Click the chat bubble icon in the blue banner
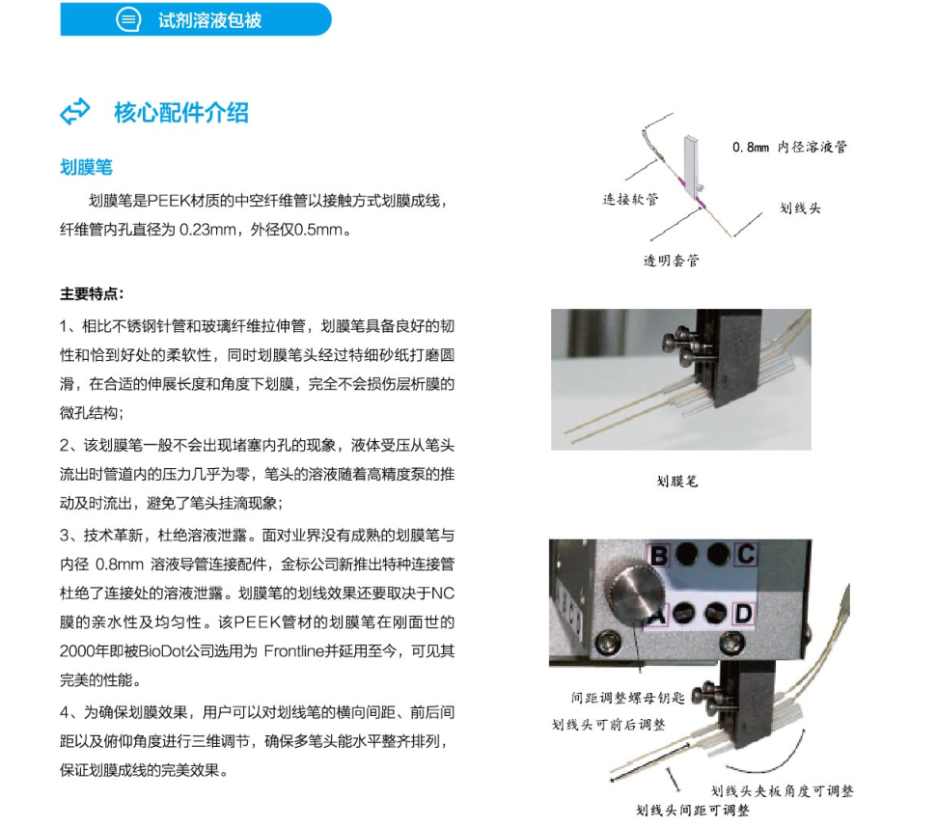(128, 19)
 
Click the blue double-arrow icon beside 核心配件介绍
(75, 112)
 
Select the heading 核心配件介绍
(181, 113)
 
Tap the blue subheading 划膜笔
(86, 167)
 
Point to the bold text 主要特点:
(92, 293)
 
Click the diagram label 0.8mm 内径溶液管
(789, 147)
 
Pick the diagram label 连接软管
(630, 199)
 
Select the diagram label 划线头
(800, 208)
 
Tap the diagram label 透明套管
(671, 261)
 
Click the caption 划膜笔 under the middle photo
(677, 482)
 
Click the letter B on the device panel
(658, 555)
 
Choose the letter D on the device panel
(743, 614)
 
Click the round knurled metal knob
(635, 593)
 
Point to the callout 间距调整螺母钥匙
(627, 698)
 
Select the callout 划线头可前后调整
(608, 725)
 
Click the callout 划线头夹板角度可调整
(782, 791)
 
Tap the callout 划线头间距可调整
(693, 810)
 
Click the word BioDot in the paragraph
(161, 650)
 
